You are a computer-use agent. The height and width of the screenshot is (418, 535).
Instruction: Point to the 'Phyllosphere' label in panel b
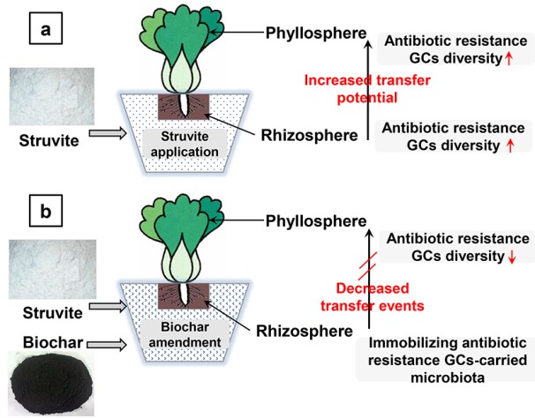(316, 220)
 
